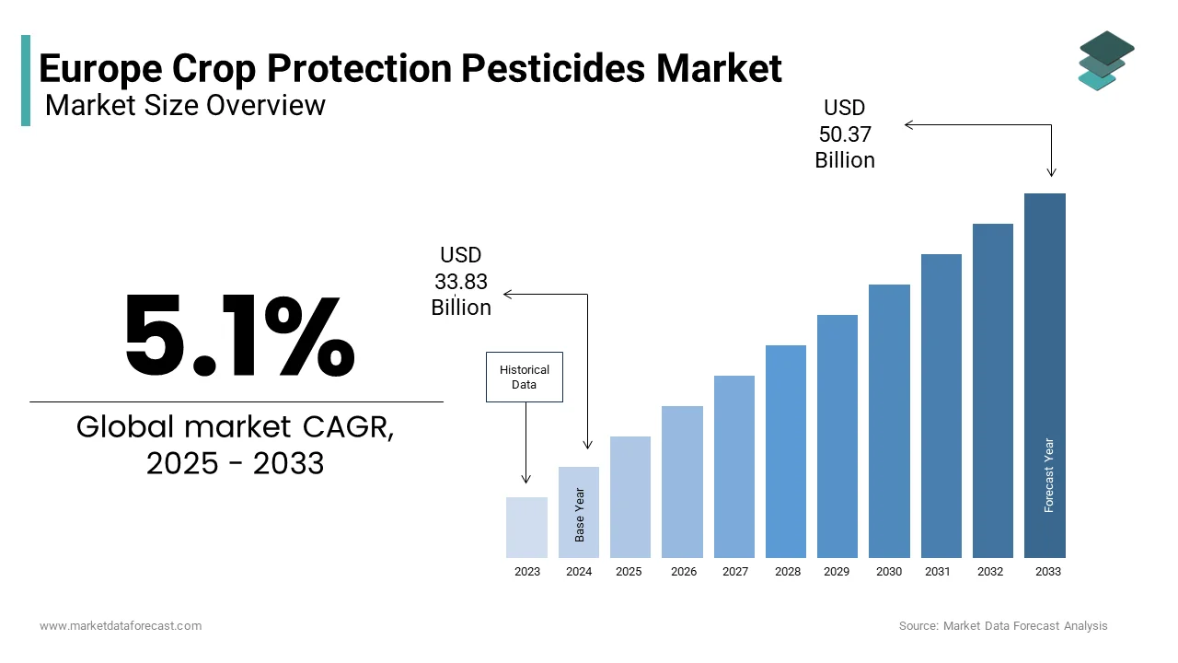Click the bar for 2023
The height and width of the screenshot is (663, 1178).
(x=526, y=528)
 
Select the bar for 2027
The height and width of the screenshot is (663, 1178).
(x=733, y=466)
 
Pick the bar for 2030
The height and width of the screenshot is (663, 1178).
(x=889, y=421)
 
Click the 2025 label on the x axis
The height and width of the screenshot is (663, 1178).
(x=629, y=572)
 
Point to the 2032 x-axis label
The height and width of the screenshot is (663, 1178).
(x=990, y=572)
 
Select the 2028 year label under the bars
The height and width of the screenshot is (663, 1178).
(x=787, y=572)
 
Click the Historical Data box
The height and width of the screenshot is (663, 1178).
(x=524, y=378)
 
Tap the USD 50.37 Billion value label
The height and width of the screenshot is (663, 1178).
(x=845, y=134)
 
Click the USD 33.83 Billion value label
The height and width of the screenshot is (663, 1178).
(x=461, y=282)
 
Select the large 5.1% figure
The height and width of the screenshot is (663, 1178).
(x=238, y=335)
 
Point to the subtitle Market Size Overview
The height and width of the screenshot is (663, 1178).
(x=185, y=106)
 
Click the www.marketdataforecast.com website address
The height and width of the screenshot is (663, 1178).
(x=121, y=626)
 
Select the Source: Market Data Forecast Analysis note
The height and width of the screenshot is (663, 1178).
(x=1003, y=626)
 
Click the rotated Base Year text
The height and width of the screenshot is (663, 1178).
(x=580, y=514)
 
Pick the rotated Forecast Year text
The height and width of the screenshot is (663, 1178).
(x=1049, y=475)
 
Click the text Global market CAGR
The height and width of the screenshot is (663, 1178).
(x=235, y=427)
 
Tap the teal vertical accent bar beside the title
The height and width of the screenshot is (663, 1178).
(x=26, y=81)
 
